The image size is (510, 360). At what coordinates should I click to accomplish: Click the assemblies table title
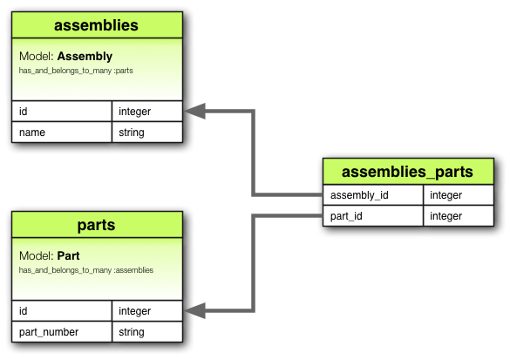[96, 25]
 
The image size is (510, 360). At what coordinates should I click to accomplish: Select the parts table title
[96, 225]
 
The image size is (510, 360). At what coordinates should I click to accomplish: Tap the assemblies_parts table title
[407, 171]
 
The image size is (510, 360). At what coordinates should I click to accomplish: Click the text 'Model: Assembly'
[65, 57]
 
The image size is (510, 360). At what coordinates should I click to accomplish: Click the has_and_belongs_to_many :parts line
[76, 70]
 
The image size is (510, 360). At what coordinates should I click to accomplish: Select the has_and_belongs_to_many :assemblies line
[86, 270]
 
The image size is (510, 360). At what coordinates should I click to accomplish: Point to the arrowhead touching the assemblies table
[194, 111]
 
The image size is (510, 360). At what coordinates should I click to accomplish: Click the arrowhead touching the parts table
[194, 310]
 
